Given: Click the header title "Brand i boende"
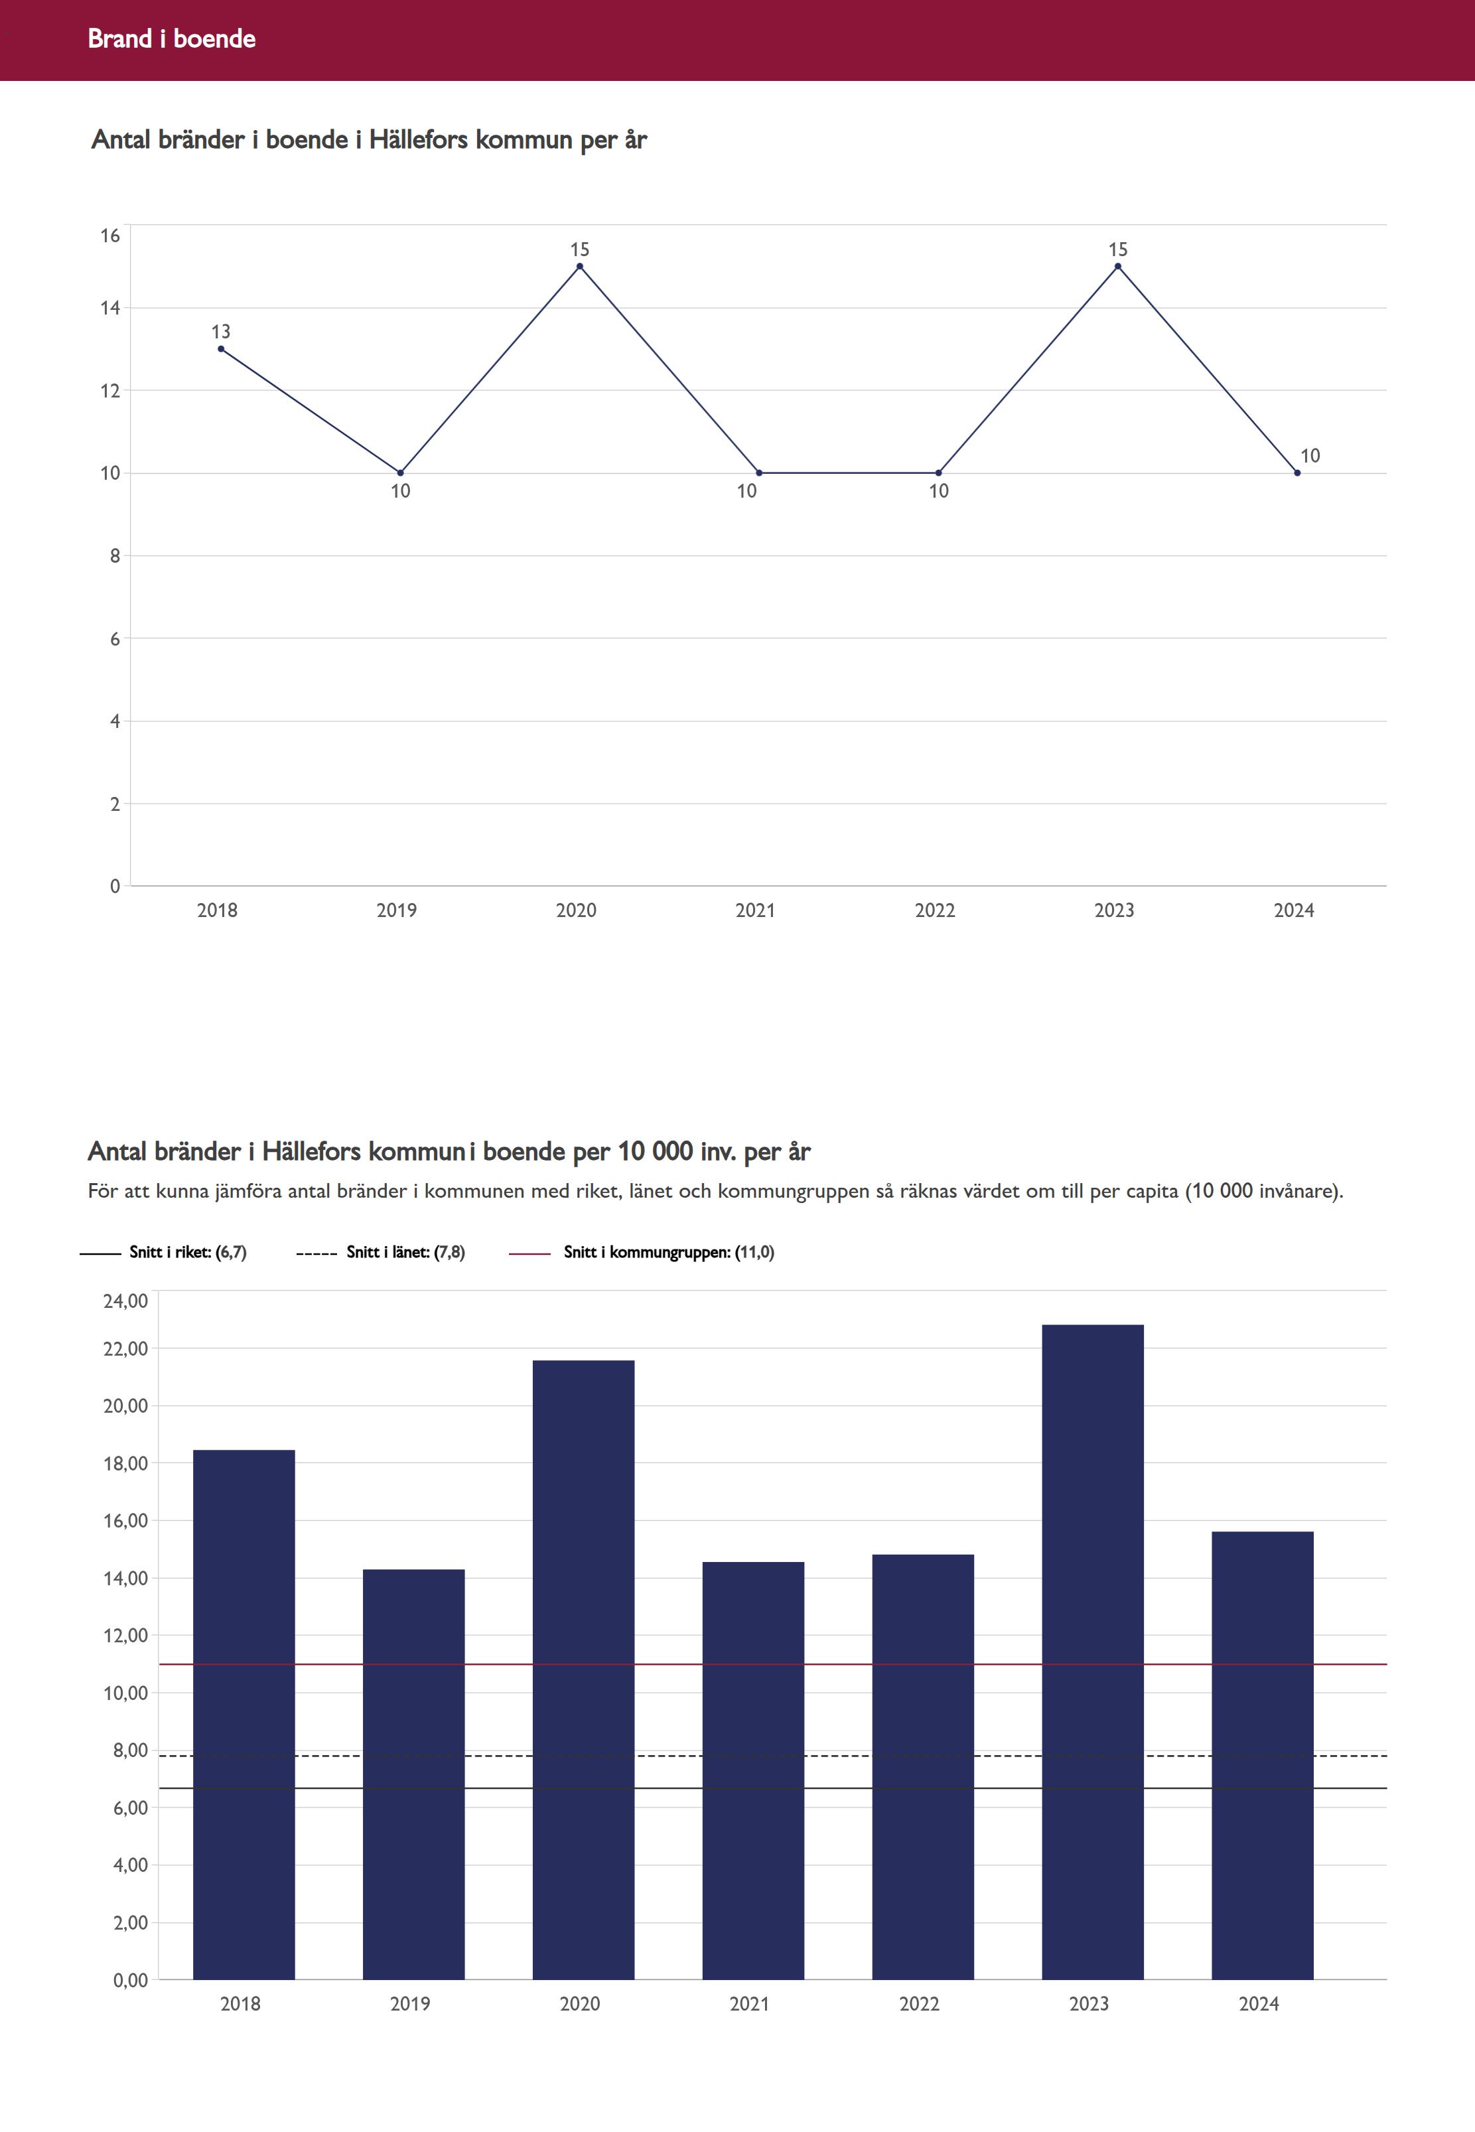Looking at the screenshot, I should [171, 38].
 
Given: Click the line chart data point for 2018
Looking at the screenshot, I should [221, 348].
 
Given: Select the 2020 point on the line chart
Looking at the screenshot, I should [579, 266].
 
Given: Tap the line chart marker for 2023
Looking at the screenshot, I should [1117, 266].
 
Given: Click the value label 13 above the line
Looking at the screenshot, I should [221, 332].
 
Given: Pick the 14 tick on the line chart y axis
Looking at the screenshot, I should [110, 309].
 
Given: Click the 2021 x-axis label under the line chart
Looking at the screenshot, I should [755, 910].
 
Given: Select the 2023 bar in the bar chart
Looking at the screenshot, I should [1092, 1654].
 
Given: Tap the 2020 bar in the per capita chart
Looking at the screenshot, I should [583, 1673].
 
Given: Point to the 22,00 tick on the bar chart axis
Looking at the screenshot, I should [125, 1349].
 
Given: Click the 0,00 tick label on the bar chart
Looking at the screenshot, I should [130, 1981].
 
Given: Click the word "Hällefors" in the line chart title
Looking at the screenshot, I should [418, 139].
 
